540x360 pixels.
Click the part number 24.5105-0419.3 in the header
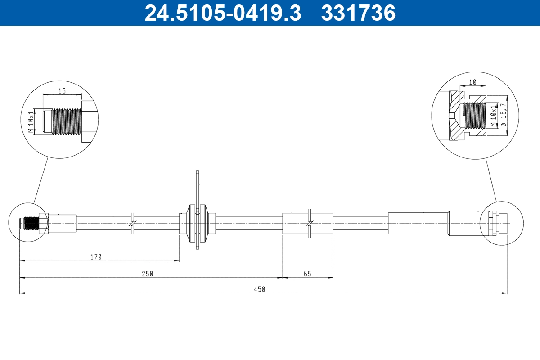point(222,13)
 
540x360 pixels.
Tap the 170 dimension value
point(96,257)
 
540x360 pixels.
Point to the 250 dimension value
point(148,274)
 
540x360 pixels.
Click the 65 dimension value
point(307,274)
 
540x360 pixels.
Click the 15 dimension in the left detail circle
point(62,91)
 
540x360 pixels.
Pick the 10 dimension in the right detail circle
point(472,83)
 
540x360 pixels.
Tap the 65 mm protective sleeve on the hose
point(307,223)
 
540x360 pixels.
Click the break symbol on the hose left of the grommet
point(132,223)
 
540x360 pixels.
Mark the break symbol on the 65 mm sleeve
point(309,223)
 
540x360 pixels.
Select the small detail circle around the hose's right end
point(501,223)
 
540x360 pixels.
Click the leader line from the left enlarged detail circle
point(41,180)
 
